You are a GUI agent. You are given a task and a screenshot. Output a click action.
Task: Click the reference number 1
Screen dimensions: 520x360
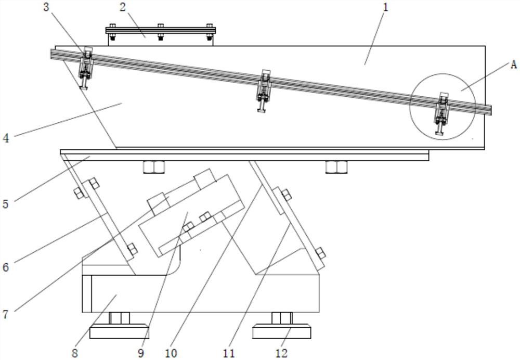pyautogui.click(x=385, y=7)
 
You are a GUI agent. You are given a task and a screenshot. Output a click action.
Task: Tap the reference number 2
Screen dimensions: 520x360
pyautogui.click(x=123, y=7)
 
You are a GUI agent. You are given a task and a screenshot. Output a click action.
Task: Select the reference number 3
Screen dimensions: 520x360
pyautogui.click(x=46, y=7)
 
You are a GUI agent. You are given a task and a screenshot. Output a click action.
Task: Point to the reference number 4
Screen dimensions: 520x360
pyautogui.click(x=6, y=138)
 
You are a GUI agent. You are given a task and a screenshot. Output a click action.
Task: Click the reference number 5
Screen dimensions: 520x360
pyautogui.click(x=5, y=203)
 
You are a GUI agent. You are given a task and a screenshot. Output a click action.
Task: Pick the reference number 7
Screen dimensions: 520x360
pyautogui.click(x=5, y=314)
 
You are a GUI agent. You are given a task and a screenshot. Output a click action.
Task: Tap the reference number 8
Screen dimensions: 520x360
pyautogui.click(x=75, y=353)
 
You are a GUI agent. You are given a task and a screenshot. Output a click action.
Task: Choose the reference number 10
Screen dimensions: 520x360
pyautogui.click(x=171, y=353)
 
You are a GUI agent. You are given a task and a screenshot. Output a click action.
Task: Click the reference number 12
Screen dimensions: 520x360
pyautogui.click(x=281, y=353)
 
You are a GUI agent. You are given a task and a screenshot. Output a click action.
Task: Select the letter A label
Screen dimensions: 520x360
pyautogui.click(x=513, y=65)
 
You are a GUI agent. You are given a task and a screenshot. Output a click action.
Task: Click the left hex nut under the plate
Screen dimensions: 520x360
pyautogui.click(x=154, y=167)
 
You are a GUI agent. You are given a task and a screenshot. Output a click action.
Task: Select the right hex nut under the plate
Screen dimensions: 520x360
pyautogui.click(x=336, y=167)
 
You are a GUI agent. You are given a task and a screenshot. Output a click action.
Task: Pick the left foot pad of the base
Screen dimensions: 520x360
pyautogui.click(x=119, y=331)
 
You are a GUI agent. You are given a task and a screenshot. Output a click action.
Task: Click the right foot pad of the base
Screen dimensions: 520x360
pyautogui.click(x=281, y=331)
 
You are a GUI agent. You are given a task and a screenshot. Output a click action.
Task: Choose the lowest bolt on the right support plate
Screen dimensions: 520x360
pyautogui.click(x=320, y=253)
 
